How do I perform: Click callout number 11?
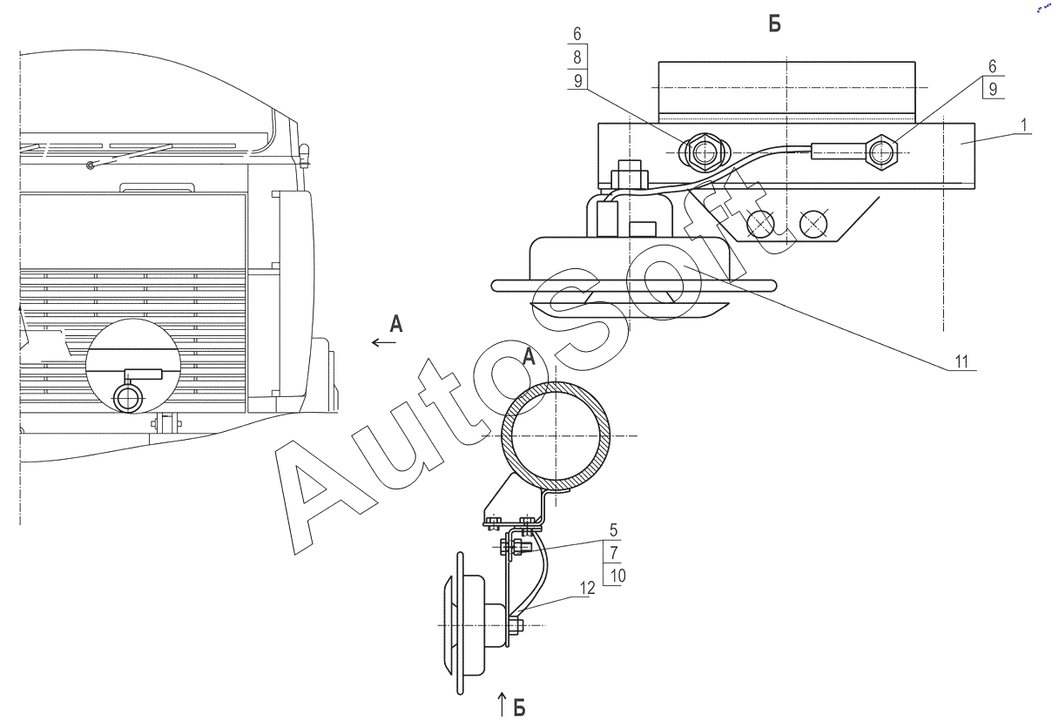(961, 361)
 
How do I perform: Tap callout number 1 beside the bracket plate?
(1024, 125)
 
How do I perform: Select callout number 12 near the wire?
(588, 588)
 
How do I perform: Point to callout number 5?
(613, 530)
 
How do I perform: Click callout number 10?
(617, 576)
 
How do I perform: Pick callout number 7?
(614, 553)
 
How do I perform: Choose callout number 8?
(577, 57)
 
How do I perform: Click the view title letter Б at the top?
(775, 24)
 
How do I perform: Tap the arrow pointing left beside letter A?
(384, 342)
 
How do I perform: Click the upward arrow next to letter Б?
(502, 704)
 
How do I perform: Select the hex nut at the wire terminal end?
(881, 152)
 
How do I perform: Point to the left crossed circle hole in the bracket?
(761, 224)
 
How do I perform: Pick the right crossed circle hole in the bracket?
(813, 224)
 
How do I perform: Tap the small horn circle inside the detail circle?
(129, 398)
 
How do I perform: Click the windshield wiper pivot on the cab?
(90, 165)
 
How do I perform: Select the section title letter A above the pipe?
(529, 356)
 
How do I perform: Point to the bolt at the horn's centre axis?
(516, 625)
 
